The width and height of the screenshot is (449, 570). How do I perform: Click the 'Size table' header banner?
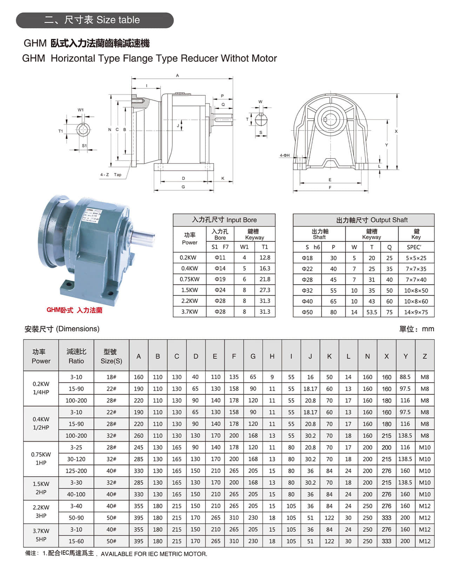pyautogui.click(x=95, y=20)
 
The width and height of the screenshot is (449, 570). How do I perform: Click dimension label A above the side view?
pyautogui.click(x=177, y=75)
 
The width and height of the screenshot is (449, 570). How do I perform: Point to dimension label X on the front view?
pyautogui.click(x=396, y=131)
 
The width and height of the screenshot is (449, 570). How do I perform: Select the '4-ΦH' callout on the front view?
pyautogui.click(x=284, y=155)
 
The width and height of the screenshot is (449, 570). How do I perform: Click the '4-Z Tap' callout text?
pyautogui.click(x=111, y=174)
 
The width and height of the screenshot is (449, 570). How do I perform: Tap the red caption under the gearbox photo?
pyautogui.click(x=74, y=310)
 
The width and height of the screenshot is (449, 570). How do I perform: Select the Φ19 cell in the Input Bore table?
pyautogui.click(x=220, y=279)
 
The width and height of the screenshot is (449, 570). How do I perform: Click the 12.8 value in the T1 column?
pyautogui.click(x=265, y=257)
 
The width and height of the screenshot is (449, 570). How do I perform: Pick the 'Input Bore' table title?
pyautogui.click(x=224, y=220)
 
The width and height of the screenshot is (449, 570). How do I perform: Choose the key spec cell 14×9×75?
pyautogui.click(x=416, y=312)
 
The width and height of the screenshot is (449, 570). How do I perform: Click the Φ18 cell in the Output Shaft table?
pyautogui.click(x=307, y=258)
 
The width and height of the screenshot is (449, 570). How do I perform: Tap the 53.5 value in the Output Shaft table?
pyautogui.click(x=372, y=312)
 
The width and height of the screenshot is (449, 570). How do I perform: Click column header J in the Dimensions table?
pyautogui.click(x=310, y=356)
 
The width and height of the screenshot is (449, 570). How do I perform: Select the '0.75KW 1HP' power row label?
pyautogui.click(x=41, y=458)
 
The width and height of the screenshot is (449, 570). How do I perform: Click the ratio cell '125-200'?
pyautogui.click(x=76, y=471)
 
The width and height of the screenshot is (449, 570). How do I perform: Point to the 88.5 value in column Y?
pyautogui.click(x=405, y=377)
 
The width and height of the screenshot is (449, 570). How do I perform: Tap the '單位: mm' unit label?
pyautogui.click(x=416, y=329)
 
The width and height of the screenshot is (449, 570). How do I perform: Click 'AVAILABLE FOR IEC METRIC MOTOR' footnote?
pyautogui.click(x=154, y=554)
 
